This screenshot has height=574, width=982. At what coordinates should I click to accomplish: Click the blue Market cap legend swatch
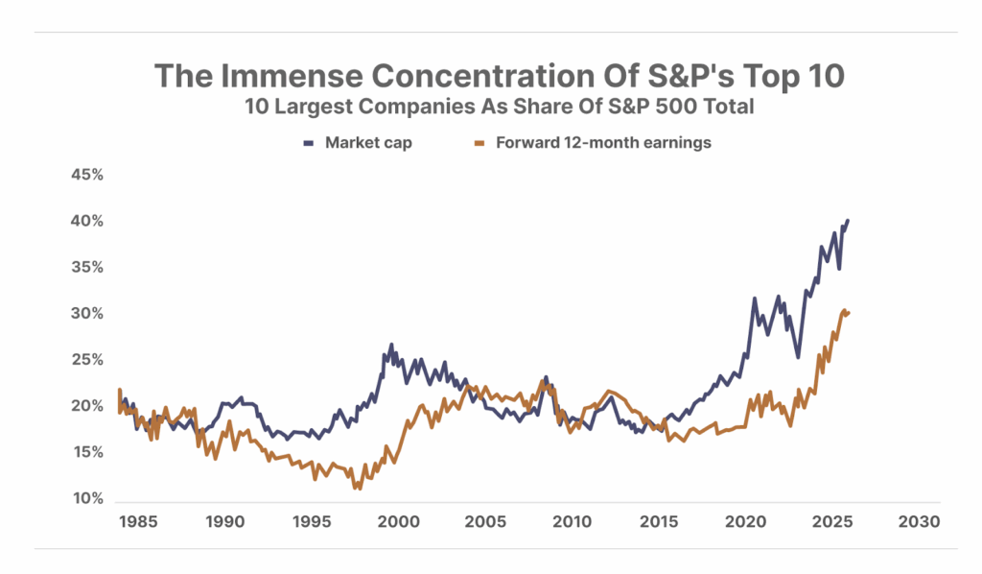coord(309,143)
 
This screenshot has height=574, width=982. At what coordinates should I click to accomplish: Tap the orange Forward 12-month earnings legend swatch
coord(479,143)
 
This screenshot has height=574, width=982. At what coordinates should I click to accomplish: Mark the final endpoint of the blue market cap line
coord(848,221)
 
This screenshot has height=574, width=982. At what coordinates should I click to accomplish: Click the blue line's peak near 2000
coord(391,345)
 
